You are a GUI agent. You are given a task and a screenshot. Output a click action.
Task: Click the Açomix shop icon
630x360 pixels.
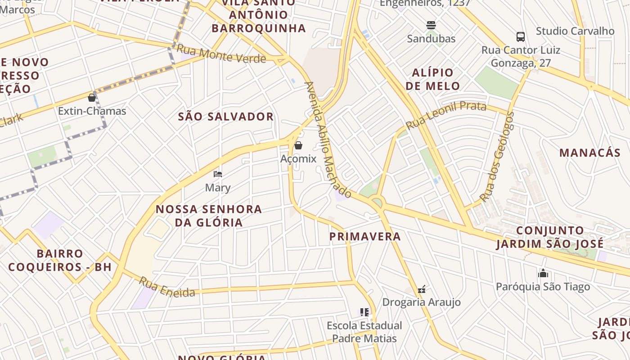coord(298,145)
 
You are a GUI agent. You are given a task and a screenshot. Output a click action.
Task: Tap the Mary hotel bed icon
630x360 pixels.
coord(218,174)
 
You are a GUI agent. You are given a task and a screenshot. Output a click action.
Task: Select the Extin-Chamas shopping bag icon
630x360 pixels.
coord(92,97)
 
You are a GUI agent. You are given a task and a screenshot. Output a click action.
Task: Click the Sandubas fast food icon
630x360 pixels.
coord(431,25)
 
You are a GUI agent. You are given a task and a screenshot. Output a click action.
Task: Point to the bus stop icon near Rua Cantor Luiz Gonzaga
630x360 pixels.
coord(521,36)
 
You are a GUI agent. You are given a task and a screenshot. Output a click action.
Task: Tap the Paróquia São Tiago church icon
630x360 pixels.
coord(543,273)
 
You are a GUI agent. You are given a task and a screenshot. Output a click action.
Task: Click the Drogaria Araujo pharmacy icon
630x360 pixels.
coord(422,289)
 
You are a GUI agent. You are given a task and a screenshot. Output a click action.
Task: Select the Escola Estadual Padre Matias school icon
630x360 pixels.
coord(364,312)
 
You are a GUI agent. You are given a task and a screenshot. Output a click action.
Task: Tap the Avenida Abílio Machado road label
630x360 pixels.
coord(327,139)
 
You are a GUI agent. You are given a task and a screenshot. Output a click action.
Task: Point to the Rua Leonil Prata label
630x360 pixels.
coord(445,114)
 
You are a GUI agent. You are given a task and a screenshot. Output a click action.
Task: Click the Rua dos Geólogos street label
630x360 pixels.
coord(497,157)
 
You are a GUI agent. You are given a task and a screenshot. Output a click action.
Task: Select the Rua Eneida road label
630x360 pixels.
coord(167,287)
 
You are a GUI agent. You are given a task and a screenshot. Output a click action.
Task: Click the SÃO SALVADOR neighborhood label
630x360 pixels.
coord(226,117)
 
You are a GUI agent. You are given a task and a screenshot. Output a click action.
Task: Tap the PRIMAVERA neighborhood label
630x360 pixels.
coord(365,236)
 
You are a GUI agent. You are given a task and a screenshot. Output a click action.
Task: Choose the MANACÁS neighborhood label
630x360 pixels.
coord(589,153)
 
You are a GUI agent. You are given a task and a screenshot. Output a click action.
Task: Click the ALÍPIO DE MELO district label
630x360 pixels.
coord(433,79)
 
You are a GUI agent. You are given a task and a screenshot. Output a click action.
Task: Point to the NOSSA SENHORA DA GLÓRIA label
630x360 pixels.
coord(209,216)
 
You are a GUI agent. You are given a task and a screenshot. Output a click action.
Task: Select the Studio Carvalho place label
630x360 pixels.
coord(575,31)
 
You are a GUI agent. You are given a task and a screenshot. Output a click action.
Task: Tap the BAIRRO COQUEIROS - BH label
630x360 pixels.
coord(60,260)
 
